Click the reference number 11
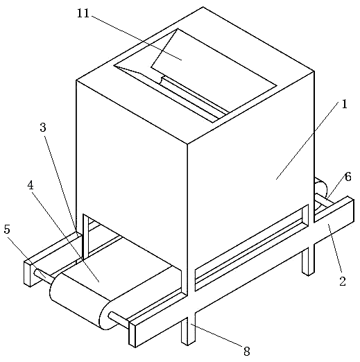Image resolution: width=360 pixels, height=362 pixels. point(83,14)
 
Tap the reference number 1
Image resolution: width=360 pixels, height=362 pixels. point(344,105)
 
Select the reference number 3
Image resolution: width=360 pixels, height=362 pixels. point(43,128)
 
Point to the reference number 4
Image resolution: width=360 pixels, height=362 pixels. point(31,185)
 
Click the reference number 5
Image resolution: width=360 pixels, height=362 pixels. point(7,229)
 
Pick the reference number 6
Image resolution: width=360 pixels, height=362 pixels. point(348,177)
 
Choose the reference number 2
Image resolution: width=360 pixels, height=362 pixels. point(343,281)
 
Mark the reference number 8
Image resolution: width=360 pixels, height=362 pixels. point(247,352)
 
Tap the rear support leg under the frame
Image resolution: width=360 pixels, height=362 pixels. point(309,261)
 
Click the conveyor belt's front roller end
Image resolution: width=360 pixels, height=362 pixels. point(106,314)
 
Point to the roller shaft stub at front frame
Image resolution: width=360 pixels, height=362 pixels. point(119,319)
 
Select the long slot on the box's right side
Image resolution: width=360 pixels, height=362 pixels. point(252,248)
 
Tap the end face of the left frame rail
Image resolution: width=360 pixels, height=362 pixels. point(28,274)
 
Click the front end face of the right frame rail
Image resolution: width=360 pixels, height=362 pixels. point(132,334)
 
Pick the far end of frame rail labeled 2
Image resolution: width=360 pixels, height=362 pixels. point(350,209)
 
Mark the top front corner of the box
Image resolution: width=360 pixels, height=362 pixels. point(187,144)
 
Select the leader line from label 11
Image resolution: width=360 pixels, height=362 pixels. point(137,37)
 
